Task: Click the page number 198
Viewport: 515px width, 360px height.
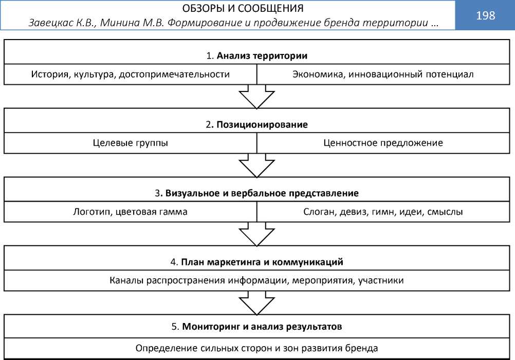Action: point(485,15)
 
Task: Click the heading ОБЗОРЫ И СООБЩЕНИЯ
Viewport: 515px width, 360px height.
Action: point(243,9)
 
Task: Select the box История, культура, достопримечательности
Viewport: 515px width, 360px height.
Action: point(130,74)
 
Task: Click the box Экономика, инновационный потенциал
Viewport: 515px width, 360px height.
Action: point(382,74)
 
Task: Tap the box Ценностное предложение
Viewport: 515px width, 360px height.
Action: point(383,143)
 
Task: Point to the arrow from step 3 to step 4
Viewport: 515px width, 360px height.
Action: point(257,234)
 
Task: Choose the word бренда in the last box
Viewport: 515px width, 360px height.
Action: point(362,348)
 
